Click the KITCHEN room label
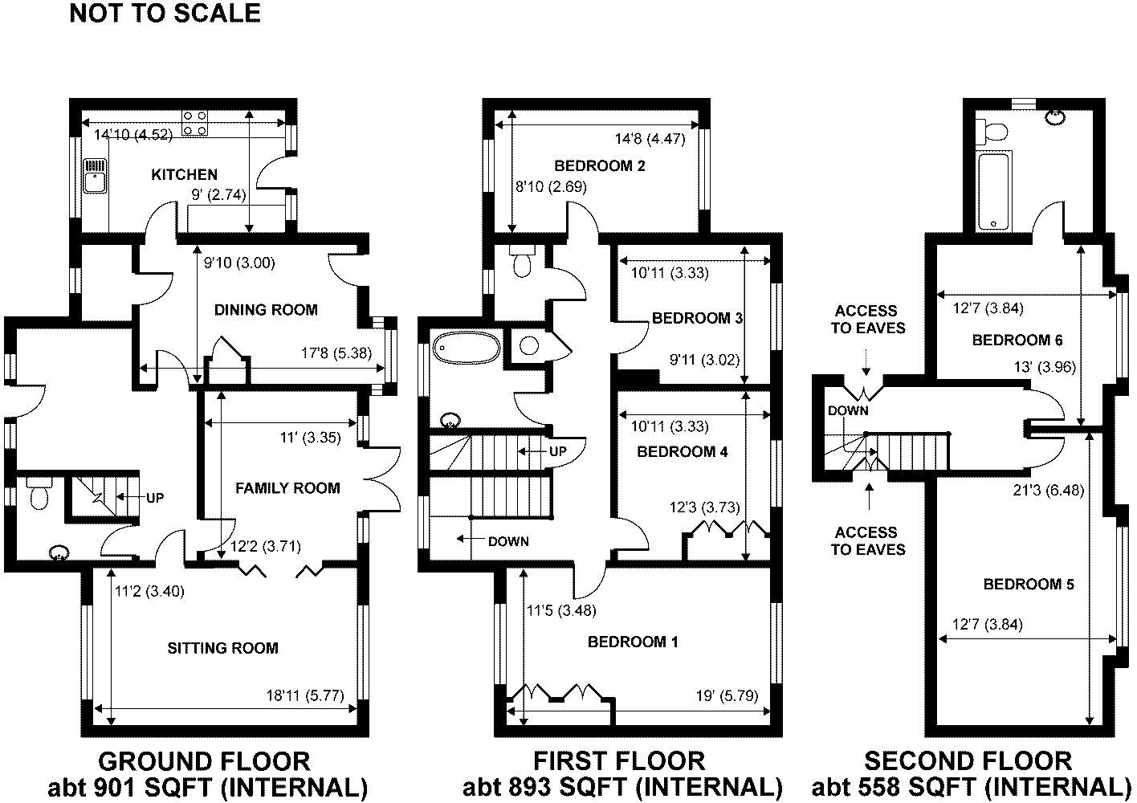click(x=184, y=174)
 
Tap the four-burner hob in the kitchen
click(x=195, y=124)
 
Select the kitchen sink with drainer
click(x=95, y=176)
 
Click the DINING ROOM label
click(x=266, y=310)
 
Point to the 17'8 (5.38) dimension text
click(x=336, y=353)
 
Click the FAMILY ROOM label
click(x=287, y=488)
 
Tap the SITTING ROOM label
click(x=223, y=648)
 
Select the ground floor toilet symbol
click(x=38, y=493)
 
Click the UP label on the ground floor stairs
click(x=155, y=498)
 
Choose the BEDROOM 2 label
click(x=600, y=166)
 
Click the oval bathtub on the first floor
click(x=467, y=347)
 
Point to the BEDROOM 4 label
click(x=683, y=452)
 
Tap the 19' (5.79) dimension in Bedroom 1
click(x=727, y=695)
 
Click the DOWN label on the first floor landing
click(x=508, y=541)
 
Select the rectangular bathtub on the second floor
click(x=993, y=191)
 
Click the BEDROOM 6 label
click(x=1017, y=340)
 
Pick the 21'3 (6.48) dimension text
click(x=1048, y=491)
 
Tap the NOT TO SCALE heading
click(x=165, y=13)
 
